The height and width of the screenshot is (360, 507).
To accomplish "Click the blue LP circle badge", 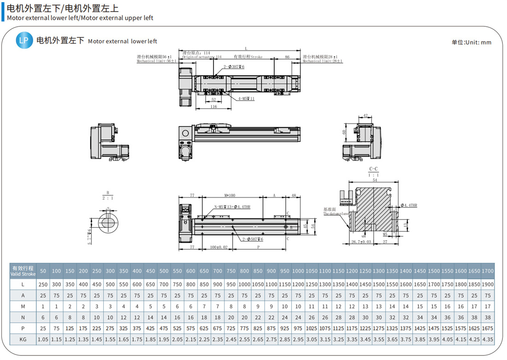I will (24, 41).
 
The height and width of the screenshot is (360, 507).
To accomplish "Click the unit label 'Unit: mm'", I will (472, 42).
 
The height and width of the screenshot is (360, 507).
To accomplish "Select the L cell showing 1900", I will (488, 285).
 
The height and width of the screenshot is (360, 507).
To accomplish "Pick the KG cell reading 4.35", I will (488, 339).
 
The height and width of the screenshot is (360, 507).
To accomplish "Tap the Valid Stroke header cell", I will (23, 271).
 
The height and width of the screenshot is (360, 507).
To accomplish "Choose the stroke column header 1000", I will (298, 271).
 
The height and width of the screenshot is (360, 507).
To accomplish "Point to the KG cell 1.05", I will (43, 339).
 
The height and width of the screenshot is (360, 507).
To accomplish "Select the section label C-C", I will (373, 169).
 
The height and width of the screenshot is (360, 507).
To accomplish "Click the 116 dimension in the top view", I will (213, 107).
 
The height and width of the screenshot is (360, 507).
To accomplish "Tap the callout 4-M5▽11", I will (247, 99).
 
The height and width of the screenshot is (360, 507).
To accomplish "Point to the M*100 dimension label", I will (230, 195).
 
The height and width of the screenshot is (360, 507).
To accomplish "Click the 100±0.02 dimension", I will (219, 248).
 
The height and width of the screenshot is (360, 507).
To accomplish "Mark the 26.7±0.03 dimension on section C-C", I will (361, 241).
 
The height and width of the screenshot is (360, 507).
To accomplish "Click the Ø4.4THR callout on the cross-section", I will (408, 205).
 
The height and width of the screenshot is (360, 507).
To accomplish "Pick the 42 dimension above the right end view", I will (365, 116).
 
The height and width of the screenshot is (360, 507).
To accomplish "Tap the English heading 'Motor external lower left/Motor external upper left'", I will (80, 18).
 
